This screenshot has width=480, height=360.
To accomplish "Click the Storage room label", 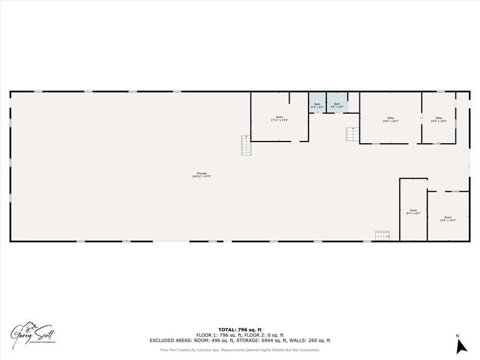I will pyautogui.click(x=201, y=173).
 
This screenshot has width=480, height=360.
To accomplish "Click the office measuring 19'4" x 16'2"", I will pyautogui.click(x=390, y=119).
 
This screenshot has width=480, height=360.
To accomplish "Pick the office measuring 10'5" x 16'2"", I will pyautogui.click(x=438, y=119).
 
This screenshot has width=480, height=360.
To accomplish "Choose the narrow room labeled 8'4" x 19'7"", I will pyautogui.click(x=413, y=212).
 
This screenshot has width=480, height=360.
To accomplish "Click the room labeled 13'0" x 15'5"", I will pyautogui.click(x=449, y=218).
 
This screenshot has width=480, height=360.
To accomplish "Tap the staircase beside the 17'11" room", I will pyautogui.click(x=246, y=145).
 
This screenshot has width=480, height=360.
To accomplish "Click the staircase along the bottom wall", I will pyautogui.click(x=382, y=236).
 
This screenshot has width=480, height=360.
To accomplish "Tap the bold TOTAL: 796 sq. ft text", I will pyautogui.click(x=239, y=330).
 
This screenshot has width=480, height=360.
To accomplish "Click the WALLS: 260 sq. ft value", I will pyautogui.click(x=315, y=340).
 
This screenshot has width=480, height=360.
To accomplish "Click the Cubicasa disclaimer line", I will pyautogui.click(x=239, y=350).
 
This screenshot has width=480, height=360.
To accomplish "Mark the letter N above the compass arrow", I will pyautogui.click(x=457, y=336).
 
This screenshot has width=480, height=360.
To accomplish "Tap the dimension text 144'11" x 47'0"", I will pyautogui.click(x=201, y=176).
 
